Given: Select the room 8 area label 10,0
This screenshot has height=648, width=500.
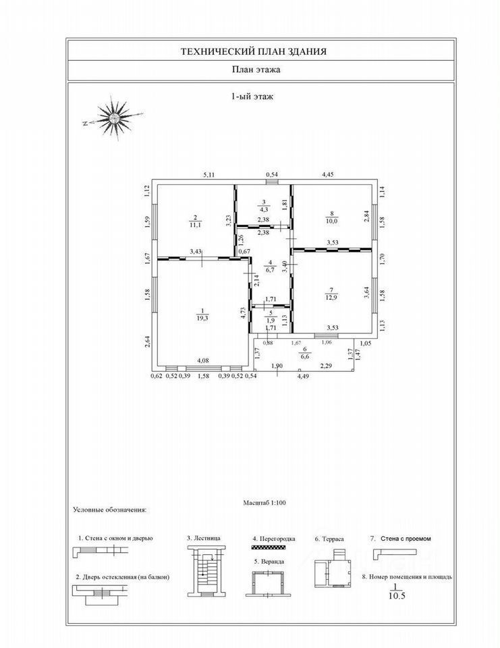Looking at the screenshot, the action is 331,220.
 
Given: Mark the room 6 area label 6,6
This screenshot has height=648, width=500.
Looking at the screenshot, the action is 304,355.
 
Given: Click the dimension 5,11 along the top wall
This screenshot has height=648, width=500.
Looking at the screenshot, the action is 211,175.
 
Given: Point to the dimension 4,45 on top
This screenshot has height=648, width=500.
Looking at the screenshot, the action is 327,175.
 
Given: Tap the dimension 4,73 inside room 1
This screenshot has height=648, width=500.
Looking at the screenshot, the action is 242,312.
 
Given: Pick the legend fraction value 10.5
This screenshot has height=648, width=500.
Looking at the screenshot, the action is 391,595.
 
